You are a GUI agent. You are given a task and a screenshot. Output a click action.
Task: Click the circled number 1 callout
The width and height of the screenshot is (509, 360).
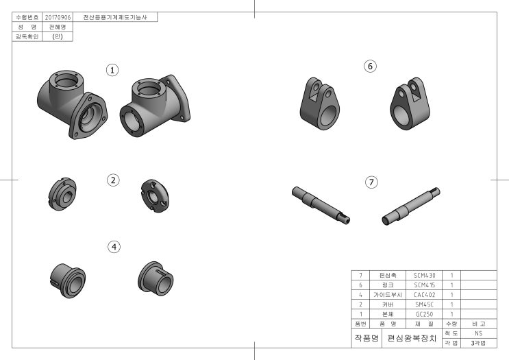[x=112, y=70]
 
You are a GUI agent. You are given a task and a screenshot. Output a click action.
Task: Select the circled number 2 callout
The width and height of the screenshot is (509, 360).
[x=113, y=180]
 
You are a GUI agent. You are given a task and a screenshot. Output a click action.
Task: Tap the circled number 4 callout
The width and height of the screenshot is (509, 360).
[x=114, y=247]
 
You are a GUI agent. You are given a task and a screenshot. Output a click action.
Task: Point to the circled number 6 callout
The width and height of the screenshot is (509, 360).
[x=370, y=67]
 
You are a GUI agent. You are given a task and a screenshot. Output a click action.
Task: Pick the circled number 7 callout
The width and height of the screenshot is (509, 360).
[x=372, y=182]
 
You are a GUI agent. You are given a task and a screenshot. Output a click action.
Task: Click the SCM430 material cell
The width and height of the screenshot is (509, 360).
[x=424, y=276]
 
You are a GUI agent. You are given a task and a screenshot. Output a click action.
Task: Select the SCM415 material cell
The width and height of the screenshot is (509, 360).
[x=424, y=285]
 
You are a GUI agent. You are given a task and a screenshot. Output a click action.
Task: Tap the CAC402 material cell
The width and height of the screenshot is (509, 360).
[x=424, y=295]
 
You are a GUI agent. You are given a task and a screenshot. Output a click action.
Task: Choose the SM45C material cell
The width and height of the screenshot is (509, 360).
[x=424, y=304]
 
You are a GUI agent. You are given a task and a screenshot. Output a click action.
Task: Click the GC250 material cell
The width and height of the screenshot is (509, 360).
[x=424, y=315]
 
